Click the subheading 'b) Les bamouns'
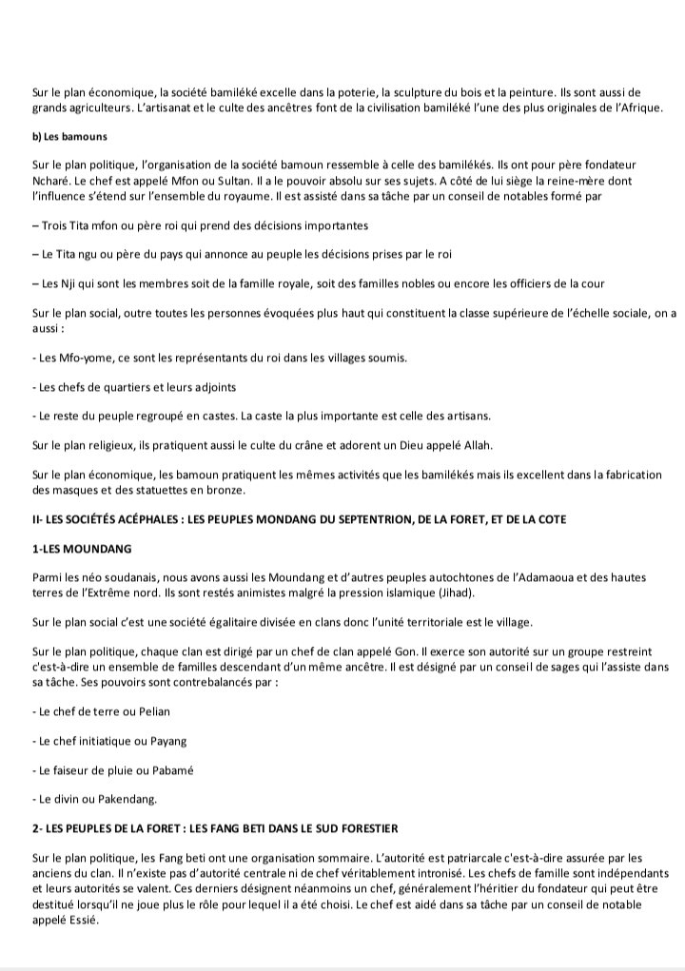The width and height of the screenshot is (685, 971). coord(69,137)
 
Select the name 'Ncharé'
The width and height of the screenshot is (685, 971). coord(50,180)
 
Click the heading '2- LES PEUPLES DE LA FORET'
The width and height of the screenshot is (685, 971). coord(214,829)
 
